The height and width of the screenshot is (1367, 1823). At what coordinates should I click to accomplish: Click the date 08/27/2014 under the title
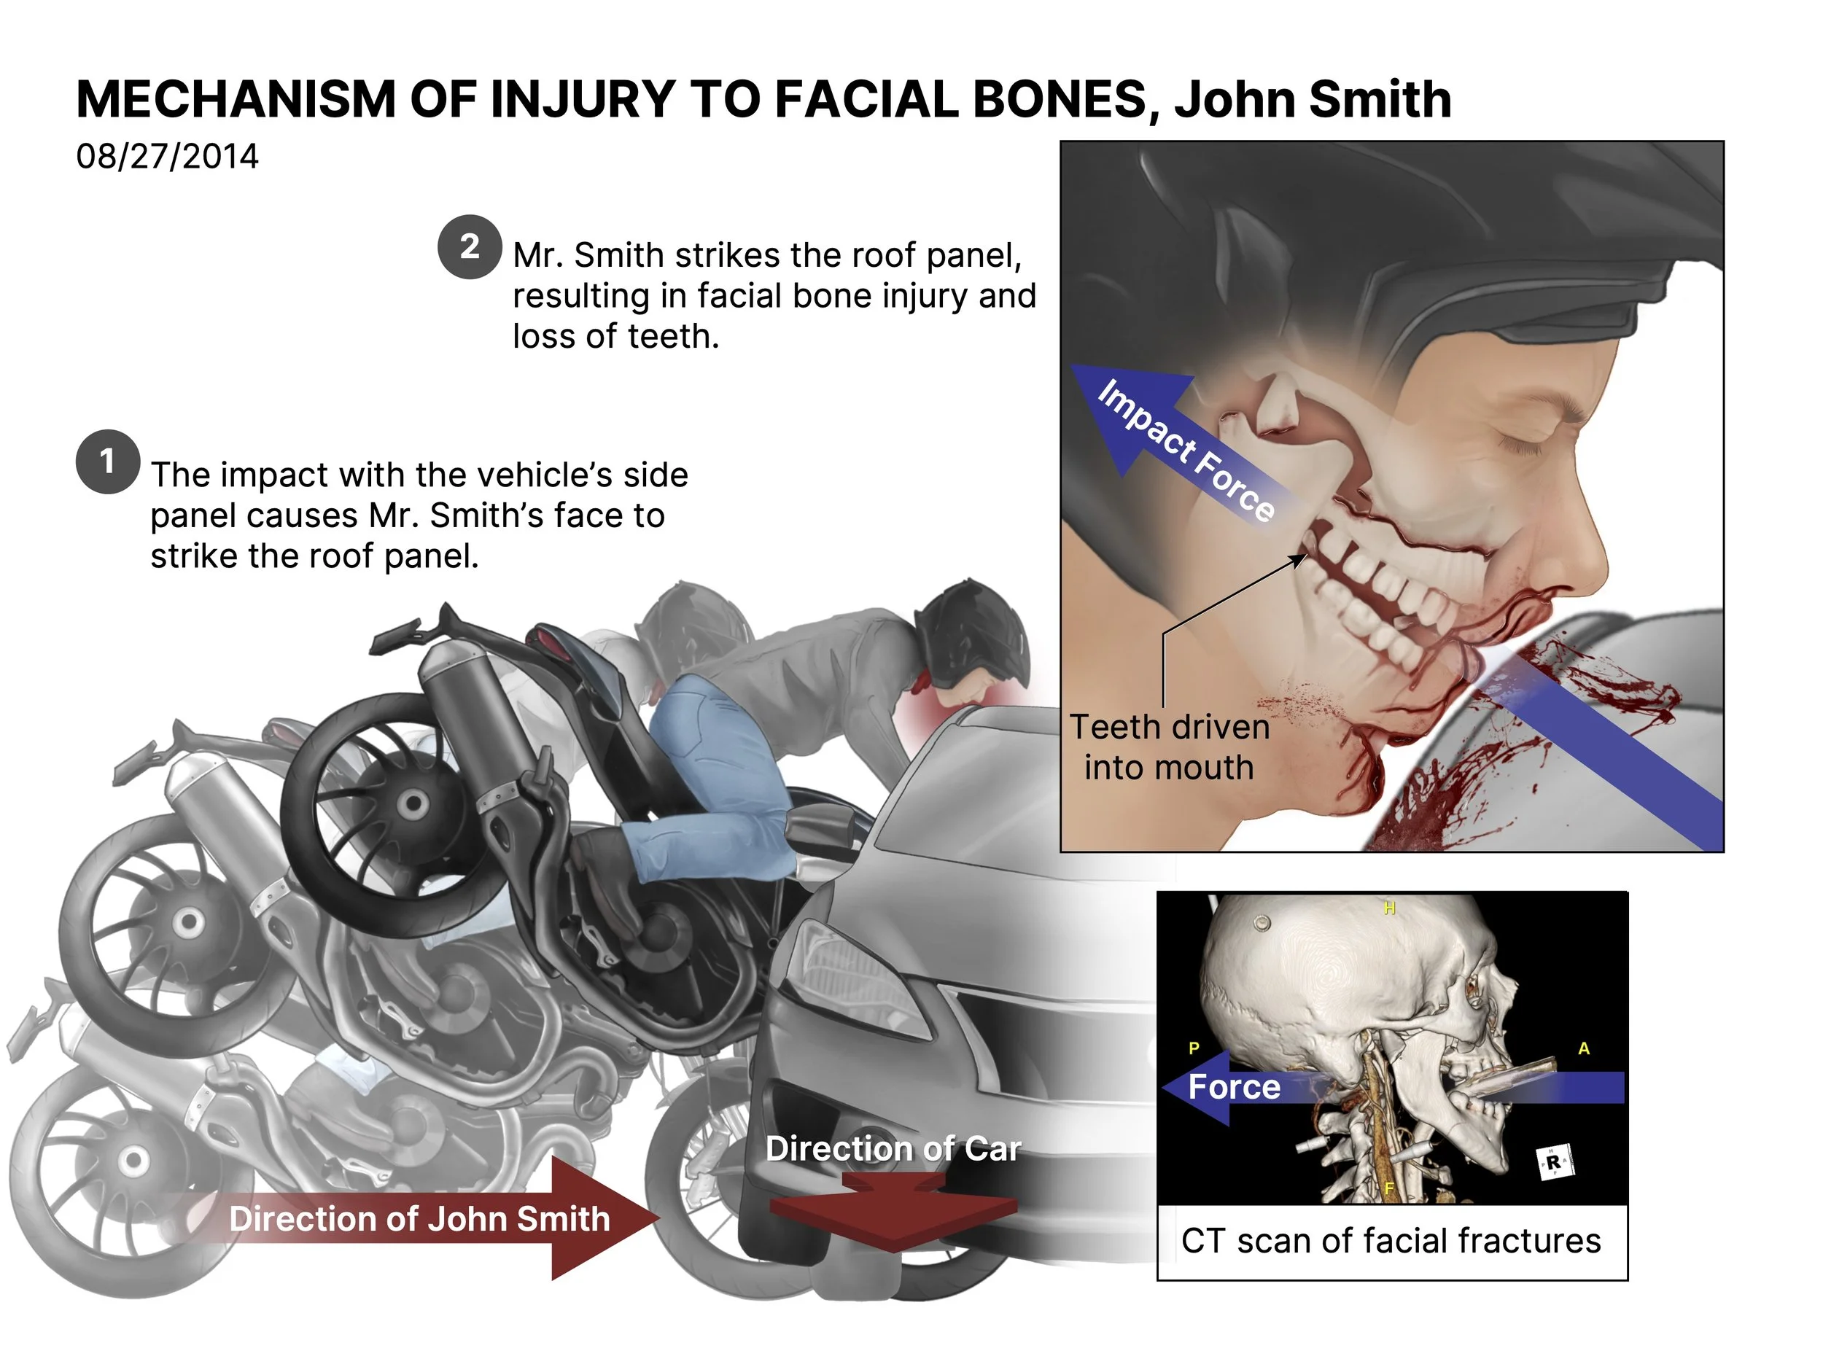point(167,157)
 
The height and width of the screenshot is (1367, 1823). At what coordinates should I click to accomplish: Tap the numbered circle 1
point(107,461)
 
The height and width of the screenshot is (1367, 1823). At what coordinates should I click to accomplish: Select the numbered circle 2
point(469,246)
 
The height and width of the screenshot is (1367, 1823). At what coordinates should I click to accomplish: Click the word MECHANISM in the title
point(236,100)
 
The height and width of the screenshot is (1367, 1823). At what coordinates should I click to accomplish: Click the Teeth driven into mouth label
point(1169,747)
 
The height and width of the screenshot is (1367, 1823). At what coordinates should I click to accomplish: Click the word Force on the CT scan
point(1234,1088)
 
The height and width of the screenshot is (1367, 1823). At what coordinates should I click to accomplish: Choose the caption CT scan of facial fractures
point(1391,1241)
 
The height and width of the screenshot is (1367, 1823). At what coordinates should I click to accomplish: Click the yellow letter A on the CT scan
point(1583,1049)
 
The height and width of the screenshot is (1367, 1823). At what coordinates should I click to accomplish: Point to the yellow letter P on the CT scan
point(1194,1049)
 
